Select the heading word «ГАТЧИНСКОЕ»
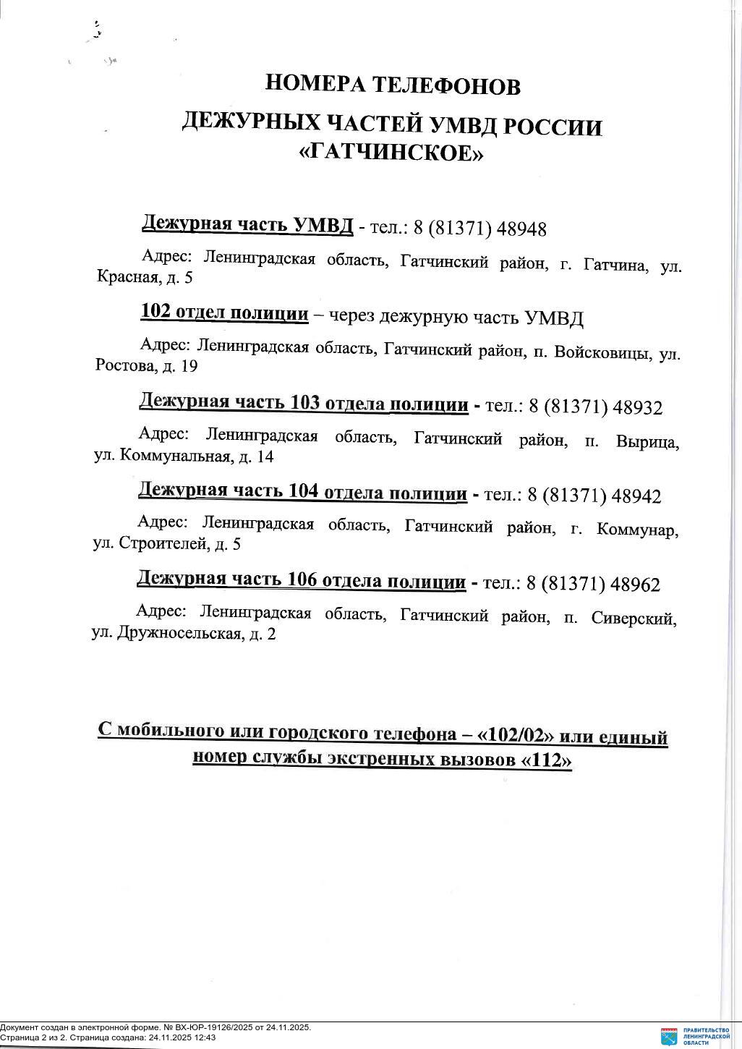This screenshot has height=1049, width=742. pos(391,153)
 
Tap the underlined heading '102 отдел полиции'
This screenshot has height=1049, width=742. pos(224,313)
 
